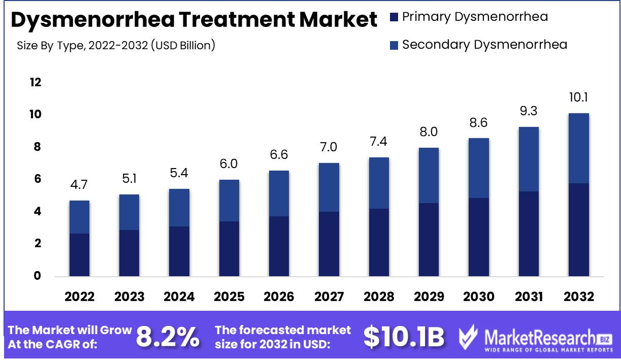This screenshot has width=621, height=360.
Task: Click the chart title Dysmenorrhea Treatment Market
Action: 194,20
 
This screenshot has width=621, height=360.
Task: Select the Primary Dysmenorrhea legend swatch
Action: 394,17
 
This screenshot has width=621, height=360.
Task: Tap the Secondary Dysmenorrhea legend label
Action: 484,44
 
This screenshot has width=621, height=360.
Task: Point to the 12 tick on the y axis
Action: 35,82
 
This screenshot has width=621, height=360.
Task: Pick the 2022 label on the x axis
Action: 79,297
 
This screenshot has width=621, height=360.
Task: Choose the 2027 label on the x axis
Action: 329,297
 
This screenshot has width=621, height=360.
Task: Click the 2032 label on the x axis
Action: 578,297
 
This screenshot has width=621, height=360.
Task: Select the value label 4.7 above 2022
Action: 79,185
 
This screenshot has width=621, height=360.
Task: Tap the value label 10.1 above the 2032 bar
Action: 578,97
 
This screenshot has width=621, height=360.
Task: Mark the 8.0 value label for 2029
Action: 429,132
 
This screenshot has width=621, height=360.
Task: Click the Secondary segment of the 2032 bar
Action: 578,148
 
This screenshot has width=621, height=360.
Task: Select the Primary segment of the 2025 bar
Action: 229,249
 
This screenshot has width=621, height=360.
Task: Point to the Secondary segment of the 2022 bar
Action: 79,217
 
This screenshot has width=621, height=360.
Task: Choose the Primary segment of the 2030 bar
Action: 479,237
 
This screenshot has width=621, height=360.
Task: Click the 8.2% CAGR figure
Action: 168,337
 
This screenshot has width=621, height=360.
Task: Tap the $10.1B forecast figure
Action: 404,337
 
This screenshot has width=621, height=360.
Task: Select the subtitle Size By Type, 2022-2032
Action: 116,45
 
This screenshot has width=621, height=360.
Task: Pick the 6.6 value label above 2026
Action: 279,155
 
